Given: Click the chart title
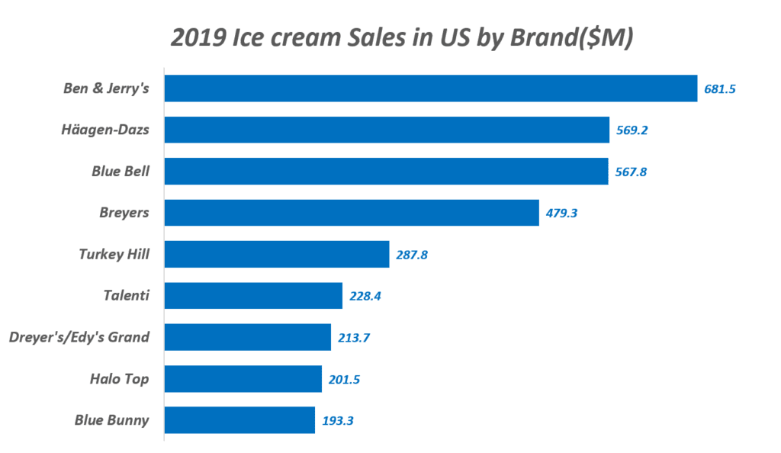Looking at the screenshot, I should tap(402, 37).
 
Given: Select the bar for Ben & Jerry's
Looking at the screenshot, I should tap(431, 88).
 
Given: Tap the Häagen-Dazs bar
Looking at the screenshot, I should tap(387, 130).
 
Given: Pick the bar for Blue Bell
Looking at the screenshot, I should tap(386, 171).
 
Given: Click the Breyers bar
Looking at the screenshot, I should tap(352, 213).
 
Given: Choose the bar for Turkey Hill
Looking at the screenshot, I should tap(277, 254).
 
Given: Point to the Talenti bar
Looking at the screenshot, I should tap(253, 295).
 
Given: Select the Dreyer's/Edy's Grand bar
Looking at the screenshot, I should tap(248, 336).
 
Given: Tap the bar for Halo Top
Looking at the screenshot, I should tap(243, 378).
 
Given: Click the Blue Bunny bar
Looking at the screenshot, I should tap(239, 419).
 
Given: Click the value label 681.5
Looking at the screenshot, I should tap(720, 89).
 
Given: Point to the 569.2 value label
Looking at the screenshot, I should tap(632, 130).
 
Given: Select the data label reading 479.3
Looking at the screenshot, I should tap(561, 214).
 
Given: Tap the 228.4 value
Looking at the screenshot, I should tap(365, 296).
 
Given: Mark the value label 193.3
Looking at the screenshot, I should tap(338, 420).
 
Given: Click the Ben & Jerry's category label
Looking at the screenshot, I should tap(106, 88).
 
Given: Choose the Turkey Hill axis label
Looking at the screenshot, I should tap(114, 254).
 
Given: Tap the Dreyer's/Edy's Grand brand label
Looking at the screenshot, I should tap(79, 336).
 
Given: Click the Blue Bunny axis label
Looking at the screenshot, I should tap(111, 419).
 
